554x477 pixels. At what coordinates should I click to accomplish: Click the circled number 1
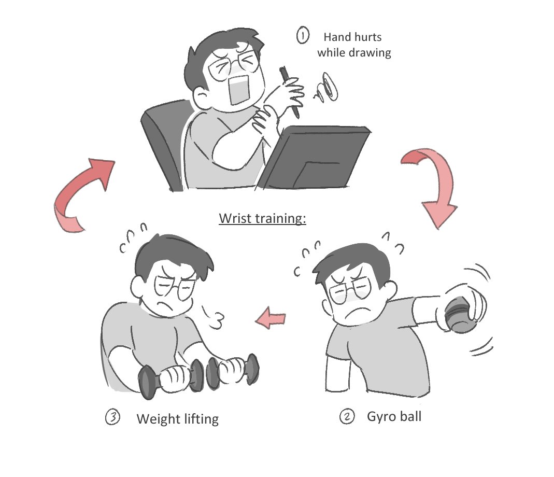pos(302,36)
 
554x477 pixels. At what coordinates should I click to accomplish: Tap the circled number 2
pos(347,416)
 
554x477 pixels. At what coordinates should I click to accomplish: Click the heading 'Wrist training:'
pos(262,218)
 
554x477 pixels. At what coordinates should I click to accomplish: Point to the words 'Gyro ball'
pos(393,416)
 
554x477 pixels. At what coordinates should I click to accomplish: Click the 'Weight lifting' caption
pos(177,418)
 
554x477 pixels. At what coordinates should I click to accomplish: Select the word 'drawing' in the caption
pos(370,52)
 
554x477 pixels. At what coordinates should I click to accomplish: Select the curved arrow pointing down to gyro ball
pos(433,187)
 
